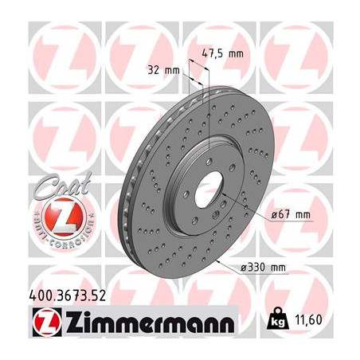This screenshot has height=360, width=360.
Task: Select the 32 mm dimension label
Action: pos(163,70)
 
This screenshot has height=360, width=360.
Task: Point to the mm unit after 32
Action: pos(172,70)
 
